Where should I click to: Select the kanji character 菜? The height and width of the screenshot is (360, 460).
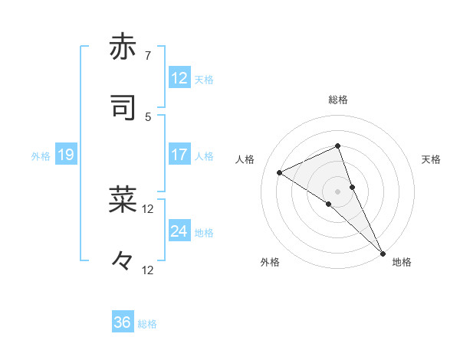[123, 198]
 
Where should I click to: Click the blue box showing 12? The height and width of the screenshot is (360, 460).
[179, 78]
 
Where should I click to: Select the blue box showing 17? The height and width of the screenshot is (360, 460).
[179, 155]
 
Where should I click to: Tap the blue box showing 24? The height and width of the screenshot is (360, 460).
[179, 231]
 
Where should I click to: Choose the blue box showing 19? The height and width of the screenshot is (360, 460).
[65, 155]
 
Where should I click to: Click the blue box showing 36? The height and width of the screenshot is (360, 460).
[123, 322]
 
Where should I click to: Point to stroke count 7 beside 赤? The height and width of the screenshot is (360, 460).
[147, 55]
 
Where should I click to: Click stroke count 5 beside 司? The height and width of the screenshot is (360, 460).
[147, 116]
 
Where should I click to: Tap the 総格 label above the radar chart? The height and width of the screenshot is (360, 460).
[337, 100]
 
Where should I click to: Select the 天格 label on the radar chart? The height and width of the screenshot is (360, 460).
[432, 159]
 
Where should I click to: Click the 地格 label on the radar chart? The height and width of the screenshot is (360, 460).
[402, 262]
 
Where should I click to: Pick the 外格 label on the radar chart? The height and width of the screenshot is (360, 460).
[270, 262]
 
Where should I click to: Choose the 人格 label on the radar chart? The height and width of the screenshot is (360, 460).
[245, 159]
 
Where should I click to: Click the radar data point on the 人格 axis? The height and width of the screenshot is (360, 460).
[280, 172]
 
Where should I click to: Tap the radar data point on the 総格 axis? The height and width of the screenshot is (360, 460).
[337, 145]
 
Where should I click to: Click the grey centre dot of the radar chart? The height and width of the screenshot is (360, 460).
[337, 191]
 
